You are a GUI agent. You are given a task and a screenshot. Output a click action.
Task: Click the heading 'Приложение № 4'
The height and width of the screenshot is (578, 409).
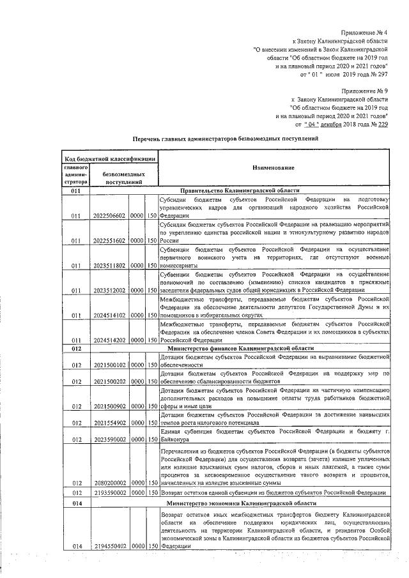(364, 32)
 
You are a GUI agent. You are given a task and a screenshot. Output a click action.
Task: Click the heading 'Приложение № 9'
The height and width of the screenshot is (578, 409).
(364, 91)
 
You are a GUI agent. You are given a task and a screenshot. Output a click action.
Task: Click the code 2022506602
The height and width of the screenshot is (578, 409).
(110, 215)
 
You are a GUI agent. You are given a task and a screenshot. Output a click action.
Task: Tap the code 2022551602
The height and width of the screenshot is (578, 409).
(110, 241)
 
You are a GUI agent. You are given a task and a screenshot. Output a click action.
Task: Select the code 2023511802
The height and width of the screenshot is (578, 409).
(110, 265)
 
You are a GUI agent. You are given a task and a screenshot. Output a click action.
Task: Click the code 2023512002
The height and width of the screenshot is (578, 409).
(110, 290)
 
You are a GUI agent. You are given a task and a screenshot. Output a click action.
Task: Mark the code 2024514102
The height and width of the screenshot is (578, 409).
(110, 315)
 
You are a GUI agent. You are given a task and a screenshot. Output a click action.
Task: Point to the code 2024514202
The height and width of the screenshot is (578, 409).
(110, 340)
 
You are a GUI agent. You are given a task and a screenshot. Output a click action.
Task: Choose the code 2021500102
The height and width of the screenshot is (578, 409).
(110, 365)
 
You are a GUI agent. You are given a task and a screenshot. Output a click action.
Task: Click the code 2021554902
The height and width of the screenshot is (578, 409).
(110, 423)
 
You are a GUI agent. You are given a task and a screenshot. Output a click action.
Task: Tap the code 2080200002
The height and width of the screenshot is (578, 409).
(110, 483)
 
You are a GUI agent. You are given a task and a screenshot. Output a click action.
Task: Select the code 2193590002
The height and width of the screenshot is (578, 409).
(110, 493)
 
